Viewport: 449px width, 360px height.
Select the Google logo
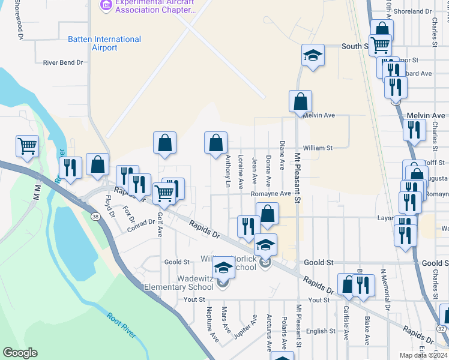pos(20,353)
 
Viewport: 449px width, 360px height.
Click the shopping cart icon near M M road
pos(28,145)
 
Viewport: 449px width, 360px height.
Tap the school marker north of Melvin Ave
pos(313,56)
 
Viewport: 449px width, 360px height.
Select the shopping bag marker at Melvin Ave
pos(300,101)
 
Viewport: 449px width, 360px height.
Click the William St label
pos(318,148)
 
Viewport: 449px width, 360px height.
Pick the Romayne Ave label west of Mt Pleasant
pos(270,194)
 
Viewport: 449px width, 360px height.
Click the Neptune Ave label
pos(211,323)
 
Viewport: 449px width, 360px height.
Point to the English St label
pos(321,331)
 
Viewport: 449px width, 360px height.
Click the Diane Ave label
pos(282,155)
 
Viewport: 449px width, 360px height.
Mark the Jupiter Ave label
pos(246,326)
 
